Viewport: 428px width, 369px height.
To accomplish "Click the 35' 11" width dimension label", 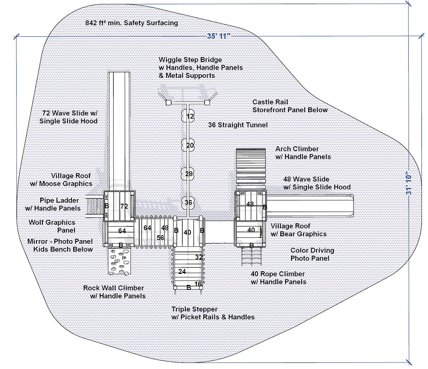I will [x=219, y=36].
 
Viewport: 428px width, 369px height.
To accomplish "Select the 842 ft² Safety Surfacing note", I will [x=131, y=23].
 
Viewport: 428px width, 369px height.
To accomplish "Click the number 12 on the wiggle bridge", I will [x=190, y=116].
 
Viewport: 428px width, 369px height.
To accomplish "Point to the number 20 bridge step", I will [x=190, y=145].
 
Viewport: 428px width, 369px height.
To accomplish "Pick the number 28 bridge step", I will [x=189, y=174].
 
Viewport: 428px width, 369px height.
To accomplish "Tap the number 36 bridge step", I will [x=189, y=202].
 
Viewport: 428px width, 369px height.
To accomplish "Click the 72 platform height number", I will [x=124, y=206].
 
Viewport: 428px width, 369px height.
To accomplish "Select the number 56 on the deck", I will [x=160, y=237].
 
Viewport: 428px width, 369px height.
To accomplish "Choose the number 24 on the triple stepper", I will [x=182, y=271].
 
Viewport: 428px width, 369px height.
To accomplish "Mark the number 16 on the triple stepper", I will [x=198, y=284].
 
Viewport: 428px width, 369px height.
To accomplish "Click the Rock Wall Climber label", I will [x=114, y=292].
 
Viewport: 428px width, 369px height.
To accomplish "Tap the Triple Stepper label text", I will [x=213, y=313].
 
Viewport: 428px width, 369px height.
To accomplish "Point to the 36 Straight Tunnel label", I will [x=238, y=125].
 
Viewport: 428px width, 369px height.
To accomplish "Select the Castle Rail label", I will [x=270, y=102].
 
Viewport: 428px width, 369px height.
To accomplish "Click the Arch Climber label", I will [x=297, y=149].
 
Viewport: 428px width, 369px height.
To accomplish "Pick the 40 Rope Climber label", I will [x=278, y=274].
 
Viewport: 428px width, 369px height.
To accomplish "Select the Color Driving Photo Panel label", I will [x=312, y=254].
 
